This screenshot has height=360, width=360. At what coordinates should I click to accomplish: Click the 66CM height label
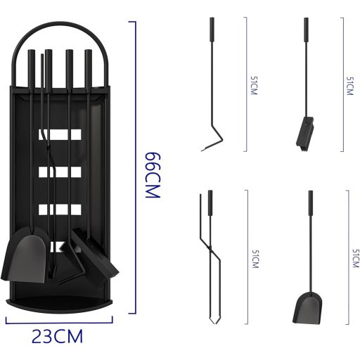pos(153,175)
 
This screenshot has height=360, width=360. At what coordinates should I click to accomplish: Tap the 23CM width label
pos(58,336)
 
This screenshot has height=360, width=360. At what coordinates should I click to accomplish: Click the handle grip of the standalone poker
pos(210,32)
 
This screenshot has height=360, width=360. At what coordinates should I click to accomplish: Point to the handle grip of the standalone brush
pos(305,32)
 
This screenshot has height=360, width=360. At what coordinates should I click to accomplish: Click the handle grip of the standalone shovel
pos(309,204)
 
